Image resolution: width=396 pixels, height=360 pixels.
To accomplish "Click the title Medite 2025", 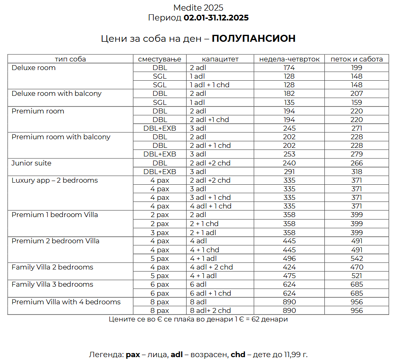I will click(x=198, y=8).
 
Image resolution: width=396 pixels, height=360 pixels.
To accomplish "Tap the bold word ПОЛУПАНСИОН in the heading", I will click(x=254, y=38).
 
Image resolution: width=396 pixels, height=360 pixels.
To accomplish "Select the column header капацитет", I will click(x=220, y=59).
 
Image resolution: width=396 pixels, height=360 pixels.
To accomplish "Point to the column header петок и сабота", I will click(x=356, y=59).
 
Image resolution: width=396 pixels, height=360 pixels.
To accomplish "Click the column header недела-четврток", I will click(x=289, y=59).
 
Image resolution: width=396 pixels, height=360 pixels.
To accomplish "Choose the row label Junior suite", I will click(x=32, y=163).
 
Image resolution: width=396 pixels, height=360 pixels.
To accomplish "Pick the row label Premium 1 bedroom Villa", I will click(x=55, y=215).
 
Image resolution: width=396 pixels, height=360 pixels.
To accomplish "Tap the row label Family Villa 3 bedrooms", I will click(x=52, y=284).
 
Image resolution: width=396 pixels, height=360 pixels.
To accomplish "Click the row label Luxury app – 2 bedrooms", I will click(x=55, y=180).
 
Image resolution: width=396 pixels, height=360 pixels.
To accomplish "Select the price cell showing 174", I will click(x=289, y=68).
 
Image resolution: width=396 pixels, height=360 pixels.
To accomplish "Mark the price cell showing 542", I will click(x=356, y=258).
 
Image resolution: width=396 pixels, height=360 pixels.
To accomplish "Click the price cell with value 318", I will click(x=356, y=172).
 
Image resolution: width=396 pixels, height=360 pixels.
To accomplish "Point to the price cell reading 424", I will click(x=289, y=267).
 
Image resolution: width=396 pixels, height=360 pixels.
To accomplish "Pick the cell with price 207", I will click(x=356, y=93).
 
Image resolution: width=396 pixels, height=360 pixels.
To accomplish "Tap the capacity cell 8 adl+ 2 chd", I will click(x=210, y=310).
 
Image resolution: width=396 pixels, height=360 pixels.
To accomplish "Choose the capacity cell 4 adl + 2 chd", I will click(x=211, y=267).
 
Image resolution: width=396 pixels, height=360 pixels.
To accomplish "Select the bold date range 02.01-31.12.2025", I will click(x=216, y=18).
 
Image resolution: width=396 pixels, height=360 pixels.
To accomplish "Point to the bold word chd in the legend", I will click(x=238, y=355).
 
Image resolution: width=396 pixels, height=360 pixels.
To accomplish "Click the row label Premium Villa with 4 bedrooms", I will click(x=66, y=302).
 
